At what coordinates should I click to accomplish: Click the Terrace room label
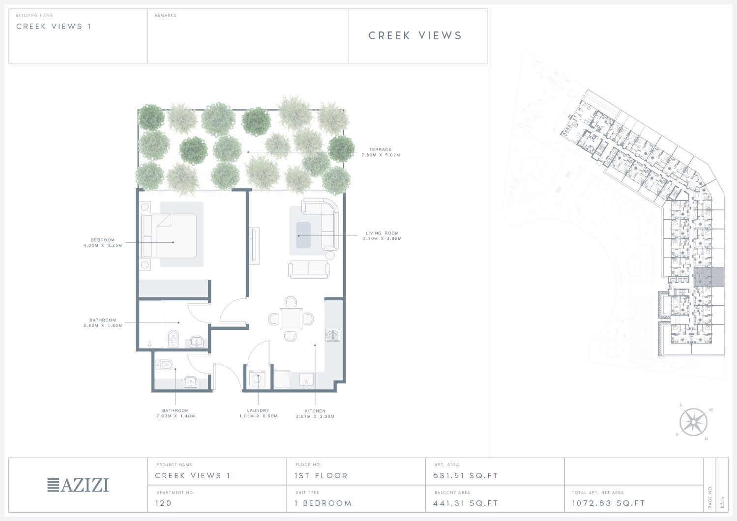pos(381,149)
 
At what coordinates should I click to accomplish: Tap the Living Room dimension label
pos(383,239)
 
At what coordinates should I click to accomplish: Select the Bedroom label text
pos(103,240)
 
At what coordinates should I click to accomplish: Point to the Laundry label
pos(258,410)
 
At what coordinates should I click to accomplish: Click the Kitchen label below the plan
pos(315,411)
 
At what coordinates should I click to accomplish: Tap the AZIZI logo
pos(78,485)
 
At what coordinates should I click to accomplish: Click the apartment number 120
pos(164,503)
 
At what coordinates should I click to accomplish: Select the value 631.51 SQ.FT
pos(466,476)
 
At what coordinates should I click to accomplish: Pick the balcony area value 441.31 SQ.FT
pos(466,503)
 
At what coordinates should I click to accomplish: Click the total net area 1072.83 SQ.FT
pos(608,503)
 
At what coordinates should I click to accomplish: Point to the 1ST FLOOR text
pos(321,476)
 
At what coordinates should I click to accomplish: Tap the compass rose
pos(694,422)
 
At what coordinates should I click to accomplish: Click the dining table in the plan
pos(291,319)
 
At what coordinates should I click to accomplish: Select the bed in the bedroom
pos(169,236)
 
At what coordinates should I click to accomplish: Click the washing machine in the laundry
pos(257,379)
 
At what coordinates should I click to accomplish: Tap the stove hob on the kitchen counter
pos(333,335)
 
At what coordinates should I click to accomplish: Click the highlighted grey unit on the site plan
pos(708,277)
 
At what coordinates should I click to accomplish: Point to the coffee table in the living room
pos(303,235)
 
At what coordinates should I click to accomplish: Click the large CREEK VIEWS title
pos(415,35)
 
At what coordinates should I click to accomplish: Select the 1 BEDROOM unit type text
pos(323,503)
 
